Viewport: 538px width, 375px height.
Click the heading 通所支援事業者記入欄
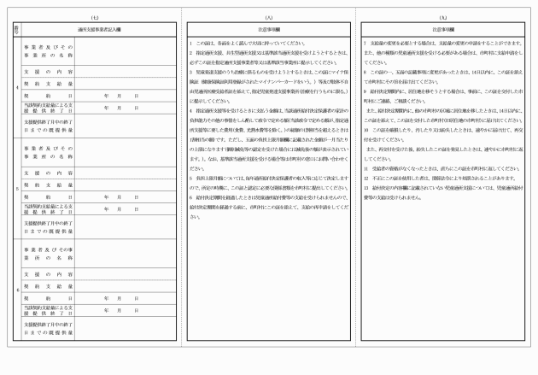101,28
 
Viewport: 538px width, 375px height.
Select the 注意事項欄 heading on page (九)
443,28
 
